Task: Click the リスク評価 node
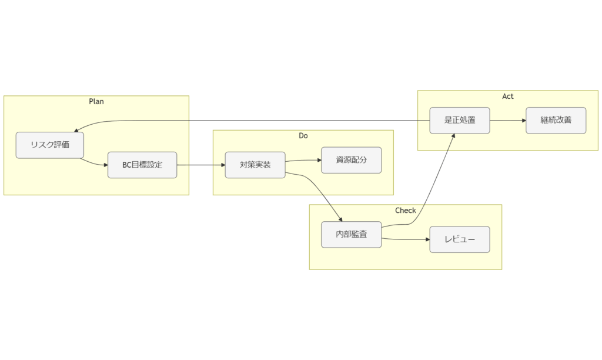(x=50, y=145)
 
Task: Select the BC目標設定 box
(x=142, y=165)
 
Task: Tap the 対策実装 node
(x=255, y=165)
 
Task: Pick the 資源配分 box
(x=352, y=160)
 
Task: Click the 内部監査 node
(x=352, y=234)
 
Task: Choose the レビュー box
(x=460, y=239)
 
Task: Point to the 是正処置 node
(x=460, y=121)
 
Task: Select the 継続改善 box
(x=556, y=121)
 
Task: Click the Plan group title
(x=96, y=101)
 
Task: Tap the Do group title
(x=303, y=135)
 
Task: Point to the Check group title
(x=406, y=210)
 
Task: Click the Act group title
(x=508, y=96)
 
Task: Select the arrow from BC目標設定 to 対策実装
(x=200, y=165)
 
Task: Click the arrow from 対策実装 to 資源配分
(x=303, y=160)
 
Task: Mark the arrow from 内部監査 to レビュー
(x=406, y=239)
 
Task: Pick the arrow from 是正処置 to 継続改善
(x=507, y=121)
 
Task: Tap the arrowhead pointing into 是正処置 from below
(x=453, y=136)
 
